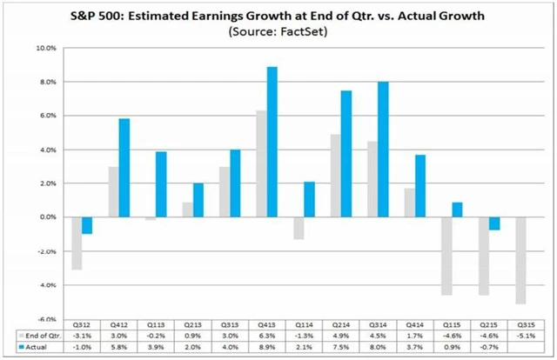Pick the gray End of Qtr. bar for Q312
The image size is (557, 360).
point(77,243)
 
